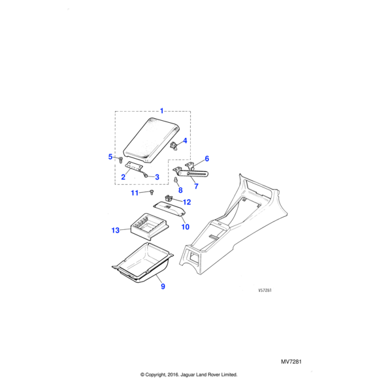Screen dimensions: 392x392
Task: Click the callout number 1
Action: point(162,110)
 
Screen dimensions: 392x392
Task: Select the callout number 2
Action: point(123,177)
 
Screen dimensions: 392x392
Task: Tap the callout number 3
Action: point(157,177)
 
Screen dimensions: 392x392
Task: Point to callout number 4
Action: point(186,140)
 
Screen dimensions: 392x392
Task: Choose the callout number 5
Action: point(110,156)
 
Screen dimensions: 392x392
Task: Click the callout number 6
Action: point(206,159)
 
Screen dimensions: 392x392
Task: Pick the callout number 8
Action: point(180,190)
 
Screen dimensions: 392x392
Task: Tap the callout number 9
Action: point(162,286)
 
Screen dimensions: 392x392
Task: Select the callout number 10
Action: point(186,227)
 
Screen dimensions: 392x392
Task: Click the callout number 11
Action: point(135,193)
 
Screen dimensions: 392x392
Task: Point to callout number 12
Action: point(186,202)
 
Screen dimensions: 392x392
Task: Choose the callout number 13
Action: point(116,230)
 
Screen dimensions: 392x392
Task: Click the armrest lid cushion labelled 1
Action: point(149,141)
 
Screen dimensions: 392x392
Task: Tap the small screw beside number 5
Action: point(121,157)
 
